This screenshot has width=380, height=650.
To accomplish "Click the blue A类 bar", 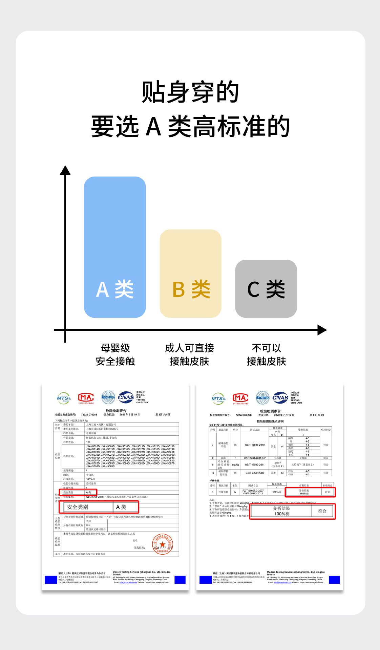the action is click(115, 247).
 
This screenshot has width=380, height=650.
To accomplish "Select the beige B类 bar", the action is click(190, 274).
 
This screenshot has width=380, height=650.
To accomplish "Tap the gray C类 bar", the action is click(266, 289).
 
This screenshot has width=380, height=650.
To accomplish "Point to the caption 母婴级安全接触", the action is click(115, 354).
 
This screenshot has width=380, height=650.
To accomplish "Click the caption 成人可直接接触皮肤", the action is click(189, 354).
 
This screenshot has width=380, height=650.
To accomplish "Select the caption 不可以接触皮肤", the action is click(266, 354).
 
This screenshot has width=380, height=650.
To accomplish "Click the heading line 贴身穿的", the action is click(190, 92).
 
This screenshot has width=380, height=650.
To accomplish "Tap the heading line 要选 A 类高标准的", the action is click(190, 126).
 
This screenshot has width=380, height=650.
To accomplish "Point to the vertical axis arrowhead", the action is click(65, 170).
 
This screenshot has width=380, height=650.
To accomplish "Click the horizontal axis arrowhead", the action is click(322, 330).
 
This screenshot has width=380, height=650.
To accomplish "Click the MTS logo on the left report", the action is click(64, 398).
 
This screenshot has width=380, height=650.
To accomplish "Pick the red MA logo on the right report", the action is click(240, 398).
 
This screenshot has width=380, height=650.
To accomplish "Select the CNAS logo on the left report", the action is click(126, 397).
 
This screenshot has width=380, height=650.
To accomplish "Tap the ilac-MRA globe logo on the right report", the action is click(262, 398).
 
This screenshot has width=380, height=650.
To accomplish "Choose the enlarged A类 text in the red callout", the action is click(121, 507).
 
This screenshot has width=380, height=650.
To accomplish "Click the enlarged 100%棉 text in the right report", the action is click(282, 514).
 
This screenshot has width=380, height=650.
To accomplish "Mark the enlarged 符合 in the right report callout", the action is click(322, 511).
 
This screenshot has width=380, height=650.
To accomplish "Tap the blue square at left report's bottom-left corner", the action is click(51, 580).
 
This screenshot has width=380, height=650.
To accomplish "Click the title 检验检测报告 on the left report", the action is click(116, 411).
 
